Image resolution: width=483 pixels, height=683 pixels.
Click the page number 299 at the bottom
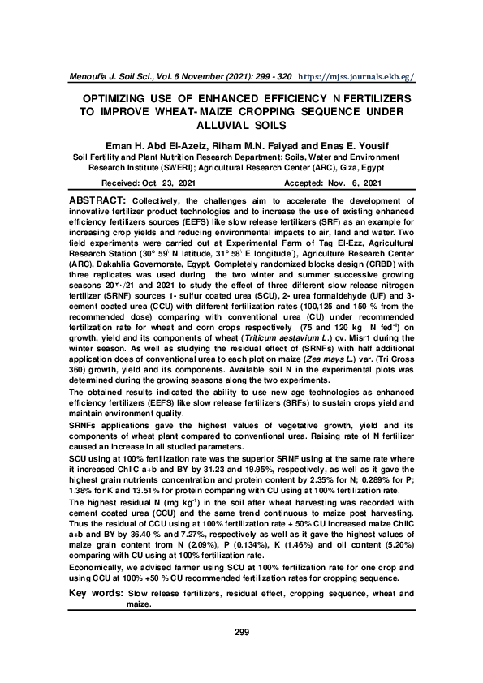click(x=241, y=632)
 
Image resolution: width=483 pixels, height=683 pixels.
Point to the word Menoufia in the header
click(x=89, y=77)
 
